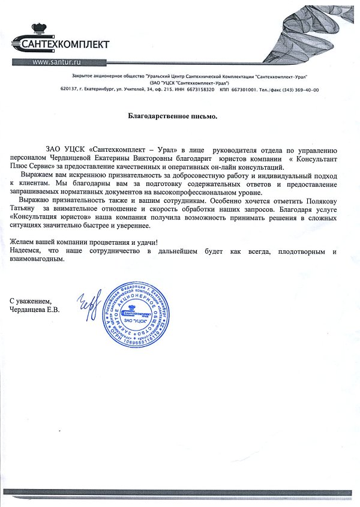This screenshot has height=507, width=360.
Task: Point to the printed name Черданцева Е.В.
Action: [38, 310]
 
